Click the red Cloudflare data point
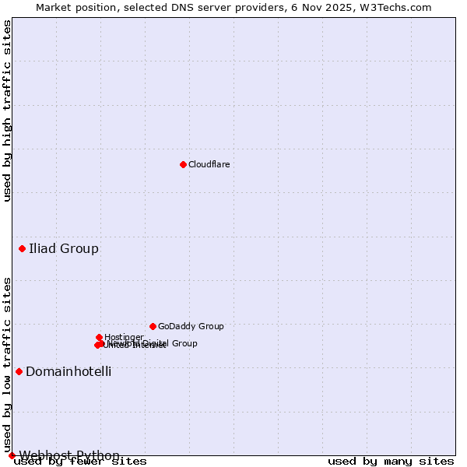click(183, 164)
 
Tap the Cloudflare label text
click(209, 164)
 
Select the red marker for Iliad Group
click(22, 248)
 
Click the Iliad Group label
click(64, 249)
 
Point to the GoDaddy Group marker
click(153, 326)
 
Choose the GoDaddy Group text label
click(191, 326)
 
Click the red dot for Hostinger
click(99, 337)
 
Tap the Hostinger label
click(124, 337)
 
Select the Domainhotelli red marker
click(19, 371)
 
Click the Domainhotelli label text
click(68, 372)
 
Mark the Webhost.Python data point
click(12, 455)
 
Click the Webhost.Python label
click(69, 455)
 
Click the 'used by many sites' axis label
click(391, 462)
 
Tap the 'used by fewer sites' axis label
click(80, 462)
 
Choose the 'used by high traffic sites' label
click(7, 111)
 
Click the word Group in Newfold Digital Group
click(184, 343)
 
